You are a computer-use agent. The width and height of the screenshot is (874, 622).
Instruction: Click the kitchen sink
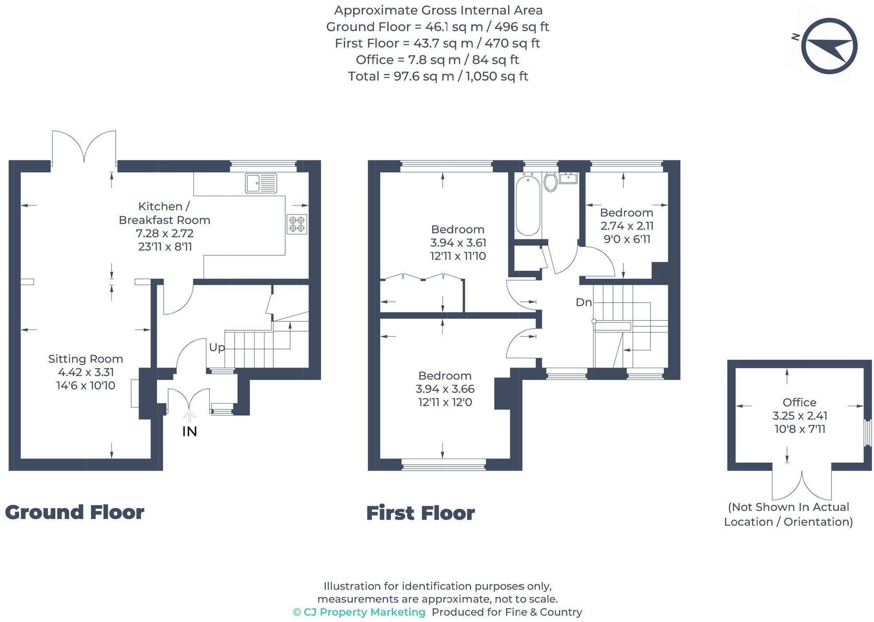point(261,183)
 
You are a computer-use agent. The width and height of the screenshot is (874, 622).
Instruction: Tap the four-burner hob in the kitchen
point(297,224)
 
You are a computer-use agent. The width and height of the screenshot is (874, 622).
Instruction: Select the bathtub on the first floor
point(528,205)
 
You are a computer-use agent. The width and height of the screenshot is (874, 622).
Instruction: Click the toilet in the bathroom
point(551,182)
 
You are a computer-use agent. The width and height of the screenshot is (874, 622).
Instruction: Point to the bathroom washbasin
point(568,178)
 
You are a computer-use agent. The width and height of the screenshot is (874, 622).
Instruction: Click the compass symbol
point(829,46)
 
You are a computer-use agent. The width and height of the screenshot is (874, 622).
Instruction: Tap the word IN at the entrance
point(189,431)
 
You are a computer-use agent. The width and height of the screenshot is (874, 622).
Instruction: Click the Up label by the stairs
point(217,347)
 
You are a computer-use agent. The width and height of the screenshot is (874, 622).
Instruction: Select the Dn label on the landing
point(584,302)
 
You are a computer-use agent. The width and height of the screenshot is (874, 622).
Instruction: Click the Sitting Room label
point(86,359)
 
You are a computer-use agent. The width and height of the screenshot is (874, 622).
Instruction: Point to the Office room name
point(799,402)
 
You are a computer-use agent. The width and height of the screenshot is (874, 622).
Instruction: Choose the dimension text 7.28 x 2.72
point(165,233)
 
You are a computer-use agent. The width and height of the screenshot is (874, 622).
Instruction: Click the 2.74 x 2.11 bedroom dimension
point(627,226)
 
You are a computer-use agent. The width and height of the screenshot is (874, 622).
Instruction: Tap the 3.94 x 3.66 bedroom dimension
point(445,389)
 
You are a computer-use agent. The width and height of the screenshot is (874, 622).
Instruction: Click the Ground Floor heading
point(75,512)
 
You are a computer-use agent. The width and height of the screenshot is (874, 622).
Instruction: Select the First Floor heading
point(421,513)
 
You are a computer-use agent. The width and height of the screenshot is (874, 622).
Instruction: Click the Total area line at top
point(438,76)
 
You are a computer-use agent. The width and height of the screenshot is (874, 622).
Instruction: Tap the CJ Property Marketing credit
point(359,612)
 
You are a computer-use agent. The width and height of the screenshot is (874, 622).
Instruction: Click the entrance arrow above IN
point(189,416)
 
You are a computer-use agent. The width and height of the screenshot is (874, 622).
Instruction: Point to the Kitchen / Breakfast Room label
point(165,213)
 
